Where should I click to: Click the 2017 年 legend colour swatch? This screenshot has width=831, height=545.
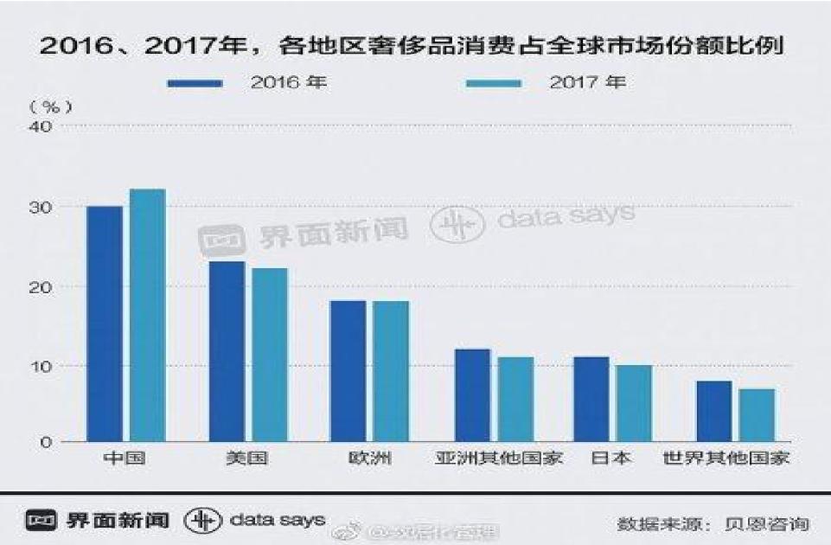[494, 84]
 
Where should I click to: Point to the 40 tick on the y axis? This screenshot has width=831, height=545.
[42, 126]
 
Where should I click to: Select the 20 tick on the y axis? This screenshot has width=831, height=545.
[42, 286]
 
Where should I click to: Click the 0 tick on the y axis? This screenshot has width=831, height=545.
[48, 442]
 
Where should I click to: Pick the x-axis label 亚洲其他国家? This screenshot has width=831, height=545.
[499, 458]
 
